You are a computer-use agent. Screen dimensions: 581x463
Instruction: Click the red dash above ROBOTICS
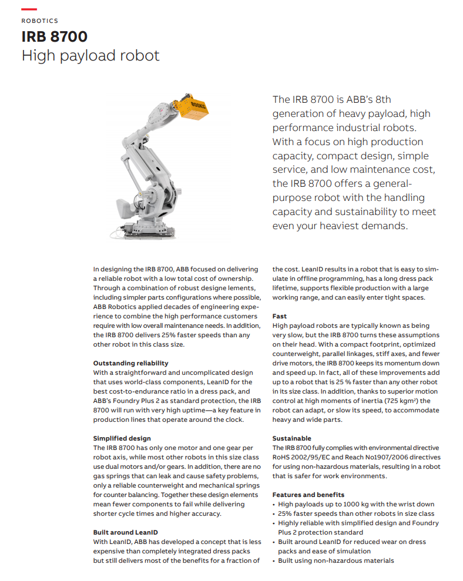[29, 9]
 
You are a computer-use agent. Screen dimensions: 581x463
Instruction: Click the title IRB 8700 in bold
[54, 36]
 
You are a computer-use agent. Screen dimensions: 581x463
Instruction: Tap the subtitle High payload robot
[90, 56]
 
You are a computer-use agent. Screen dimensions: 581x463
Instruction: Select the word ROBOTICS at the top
[39, 21]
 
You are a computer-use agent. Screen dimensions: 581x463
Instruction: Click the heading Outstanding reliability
[130, 363]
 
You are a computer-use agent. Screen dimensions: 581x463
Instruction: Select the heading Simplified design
[122, 438]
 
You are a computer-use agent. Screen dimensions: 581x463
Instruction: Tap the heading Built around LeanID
[126, 532]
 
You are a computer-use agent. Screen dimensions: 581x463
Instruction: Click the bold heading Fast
[280, 316]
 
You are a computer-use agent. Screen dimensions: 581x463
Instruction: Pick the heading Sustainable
[291, 438]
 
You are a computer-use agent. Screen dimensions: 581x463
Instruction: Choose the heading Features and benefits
[308, 495]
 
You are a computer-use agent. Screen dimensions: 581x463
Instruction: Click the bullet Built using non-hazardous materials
[335, 560]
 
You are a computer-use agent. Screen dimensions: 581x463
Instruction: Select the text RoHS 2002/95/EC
[299, 457]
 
